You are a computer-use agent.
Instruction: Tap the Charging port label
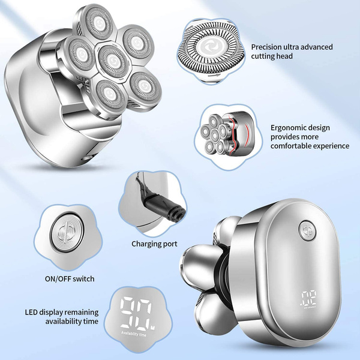(x=155, y=244)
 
